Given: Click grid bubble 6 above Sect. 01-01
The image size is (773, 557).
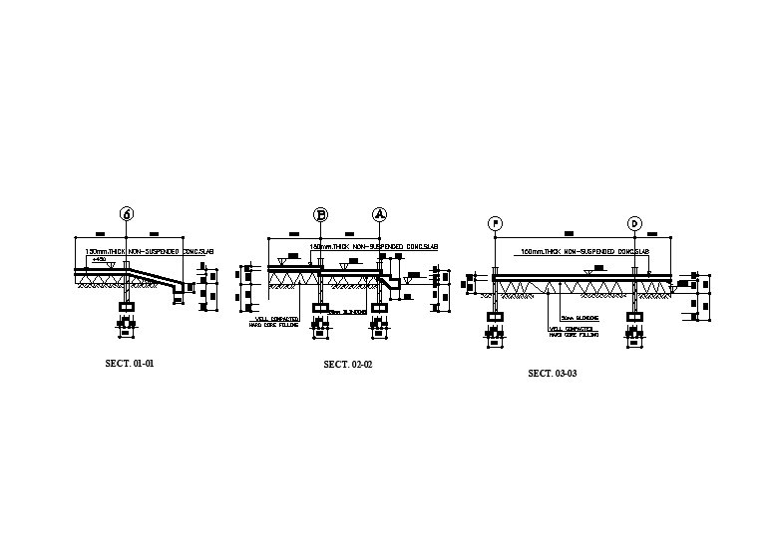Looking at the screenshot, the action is click(126, 213).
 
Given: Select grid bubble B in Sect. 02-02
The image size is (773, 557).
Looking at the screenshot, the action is click(321, 214).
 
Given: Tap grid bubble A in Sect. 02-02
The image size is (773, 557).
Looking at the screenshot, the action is click(379, 214).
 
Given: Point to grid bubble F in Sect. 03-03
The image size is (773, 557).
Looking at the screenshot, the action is click(496, 223).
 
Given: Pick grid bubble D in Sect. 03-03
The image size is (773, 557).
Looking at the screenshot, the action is click(634, 223).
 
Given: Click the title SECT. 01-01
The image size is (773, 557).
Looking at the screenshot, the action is click(130, 363).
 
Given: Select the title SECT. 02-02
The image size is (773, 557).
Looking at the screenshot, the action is click(348, 365).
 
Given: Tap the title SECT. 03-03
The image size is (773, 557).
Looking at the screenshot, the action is click(553, 373).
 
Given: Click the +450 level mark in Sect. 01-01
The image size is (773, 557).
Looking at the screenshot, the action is click(99, 259).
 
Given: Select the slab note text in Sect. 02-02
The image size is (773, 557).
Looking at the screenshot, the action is click(375, 245).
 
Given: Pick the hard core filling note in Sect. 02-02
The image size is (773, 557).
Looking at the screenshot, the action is click(277, 322).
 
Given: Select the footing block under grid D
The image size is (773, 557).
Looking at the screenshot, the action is click(634, 318).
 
